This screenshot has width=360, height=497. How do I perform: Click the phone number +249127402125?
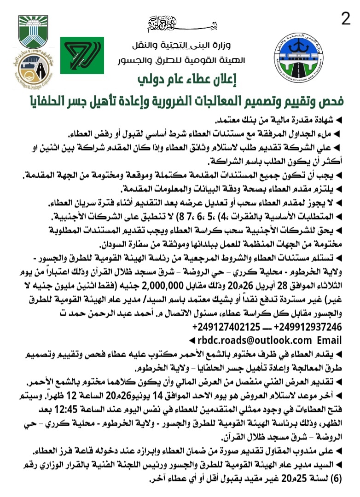point(228,327)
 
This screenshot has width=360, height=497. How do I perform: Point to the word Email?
point(329,340)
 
